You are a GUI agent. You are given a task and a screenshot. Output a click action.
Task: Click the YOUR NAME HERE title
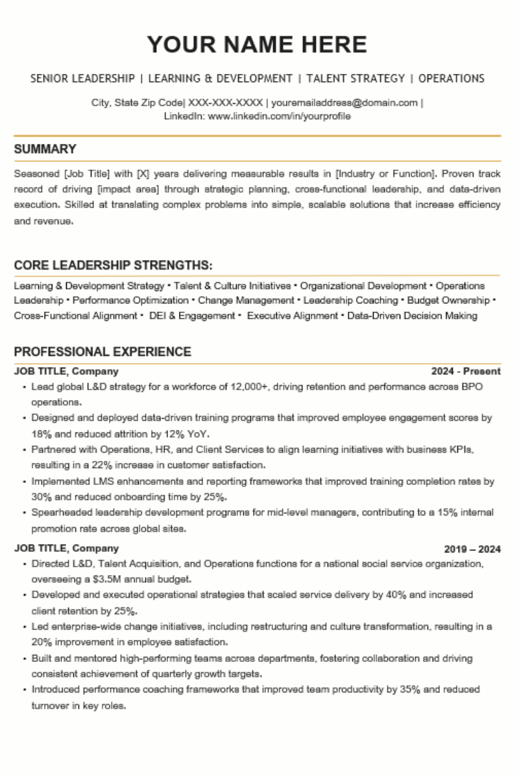pyautogui.click(x=257, y=45)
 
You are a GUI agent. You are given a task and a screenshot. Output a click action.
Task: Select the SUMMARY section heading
pyautogui.click(x=45, y=149)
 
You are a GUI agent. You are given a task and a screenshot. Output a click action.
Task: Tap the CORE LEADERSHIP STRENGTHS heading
pyautogui.click(x=113, y=265)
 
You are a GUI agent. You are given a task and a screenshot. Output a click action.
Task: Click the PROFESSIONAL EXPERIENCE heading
pyautogui.click(x=103, y=352)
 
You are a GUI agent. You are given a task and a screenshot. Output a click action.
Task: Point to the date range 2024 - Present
pyautogui.click(x=466, y=371)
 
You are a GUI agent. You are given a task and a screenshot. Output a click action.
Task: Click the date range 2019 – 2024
pyautogui.click(x=472, y=549)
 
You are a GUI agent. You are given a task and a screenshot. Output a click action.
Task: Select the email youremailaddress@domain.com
pyautogui.click(x=344, y=102)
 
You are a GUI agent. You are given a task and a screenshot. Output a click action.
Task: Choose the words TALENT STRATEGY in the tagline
pyautogui.click(x=355, y=78)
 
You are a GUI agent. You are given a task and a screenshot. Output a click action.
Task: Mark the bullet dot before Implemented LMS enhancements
pyautogui.click(x=24, y=482)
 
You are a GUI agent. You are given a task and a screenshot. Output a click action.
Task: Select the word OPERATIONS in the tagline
pyautogui.click(x=451, y=78)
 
